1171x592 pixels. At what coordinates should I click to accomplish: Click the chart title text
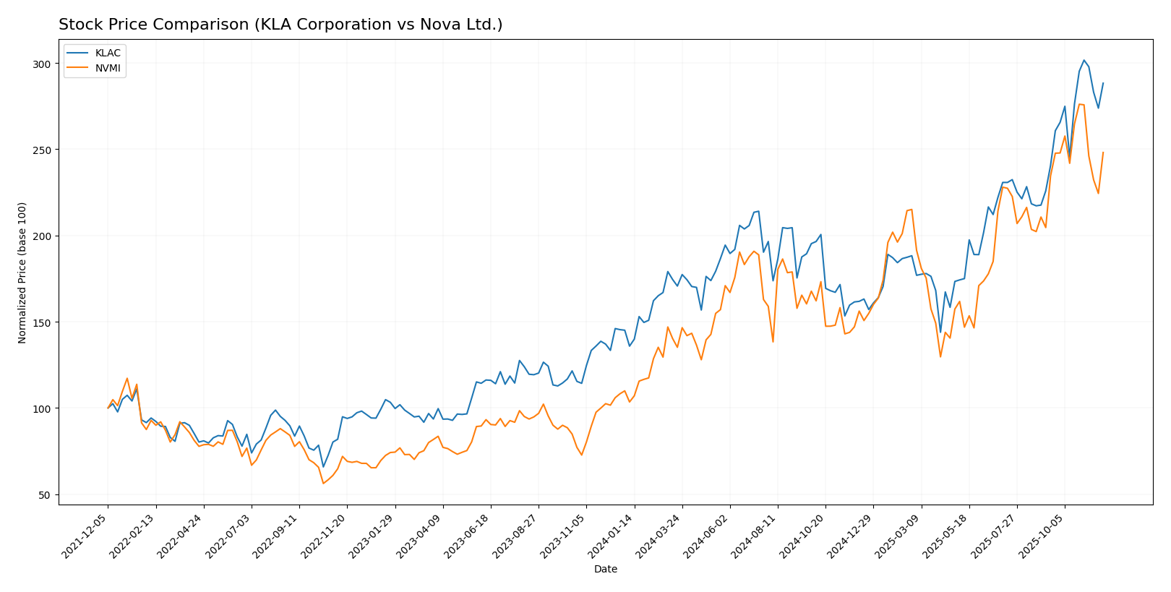280,25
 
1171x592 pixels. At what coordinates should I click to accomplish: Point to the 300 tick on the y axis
41,64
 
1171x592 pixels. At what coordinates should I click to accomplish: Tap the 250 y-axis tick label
41,150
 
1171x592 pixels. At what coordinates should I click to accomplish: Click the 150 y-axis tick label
41,322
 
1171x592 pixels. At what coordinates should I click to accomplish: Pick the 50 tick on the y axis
44,495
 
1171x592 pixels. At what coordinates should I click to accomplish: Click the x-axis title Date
605,570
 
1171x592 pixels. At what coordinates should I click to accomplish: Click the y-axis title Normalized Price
22,273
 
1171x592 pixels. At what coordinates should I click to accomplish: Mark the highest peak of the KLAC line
1084,60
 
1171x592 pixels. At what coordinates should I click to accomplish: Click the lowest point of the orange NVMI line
323,483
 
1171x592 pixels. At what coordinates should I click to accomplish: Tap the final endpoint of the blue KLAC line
1103,83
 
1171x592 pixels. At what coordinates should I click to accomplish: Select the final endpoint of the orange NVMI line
1103,153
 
